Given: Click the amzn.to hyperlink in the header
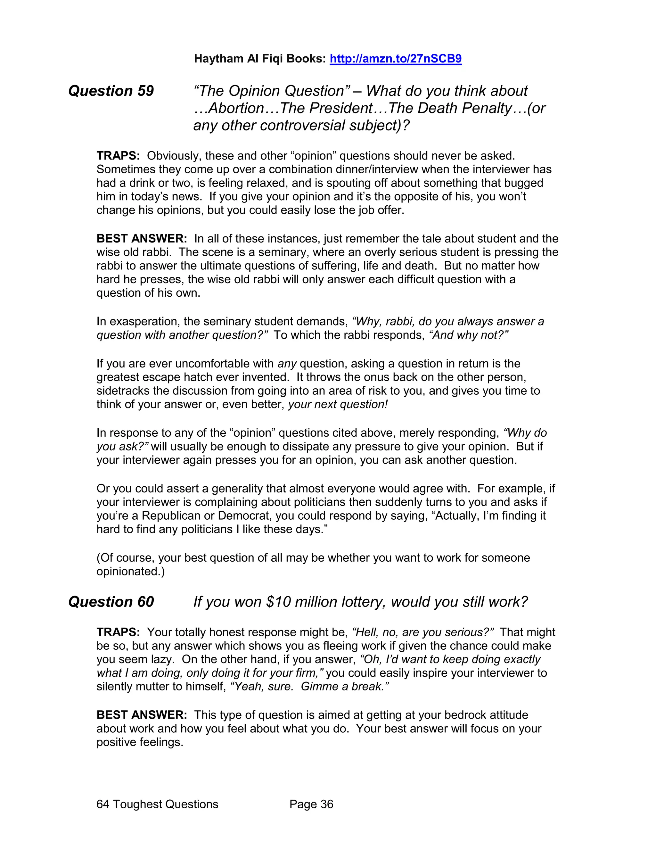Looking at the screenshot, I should pos(395,59).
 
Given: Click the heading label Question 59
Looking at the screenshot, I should pos(111,91).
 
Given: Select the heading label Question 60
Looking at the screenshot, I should pos(111,602).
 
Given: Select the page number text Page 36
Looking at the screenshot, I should pos(311,804).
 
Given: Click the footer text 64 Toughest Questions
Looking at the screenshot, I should pos(157,804).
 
